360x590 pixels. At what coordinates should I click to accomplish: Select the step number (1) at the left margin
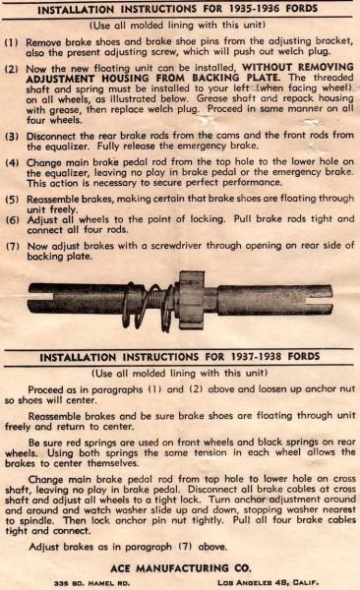click(x=11, y=42)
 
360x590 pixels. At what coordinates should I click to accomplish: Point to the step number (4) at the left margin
click(x=12, y=163)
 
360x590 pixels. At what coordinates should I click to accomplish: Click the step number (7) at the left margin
click(x=13, y=247)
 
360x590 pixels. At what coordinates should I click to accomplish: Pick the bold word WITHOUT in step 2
click(x=267, y=67)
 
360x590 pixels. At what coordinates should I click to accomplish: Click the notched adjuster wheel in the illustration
click(x=192, y=300)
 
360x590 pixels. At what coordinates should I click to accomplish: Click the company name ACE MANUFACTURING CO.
click(x=180, y=568)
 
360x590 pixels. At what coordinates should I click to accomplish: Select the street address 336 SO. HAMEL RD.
click(x=91, y=583)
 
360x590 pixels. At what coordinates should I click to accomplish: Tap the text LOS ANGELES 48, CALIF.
click(x=269, y=583)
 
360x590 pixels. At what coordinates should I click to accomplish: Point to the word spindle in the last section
click(x=37, y=521)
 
